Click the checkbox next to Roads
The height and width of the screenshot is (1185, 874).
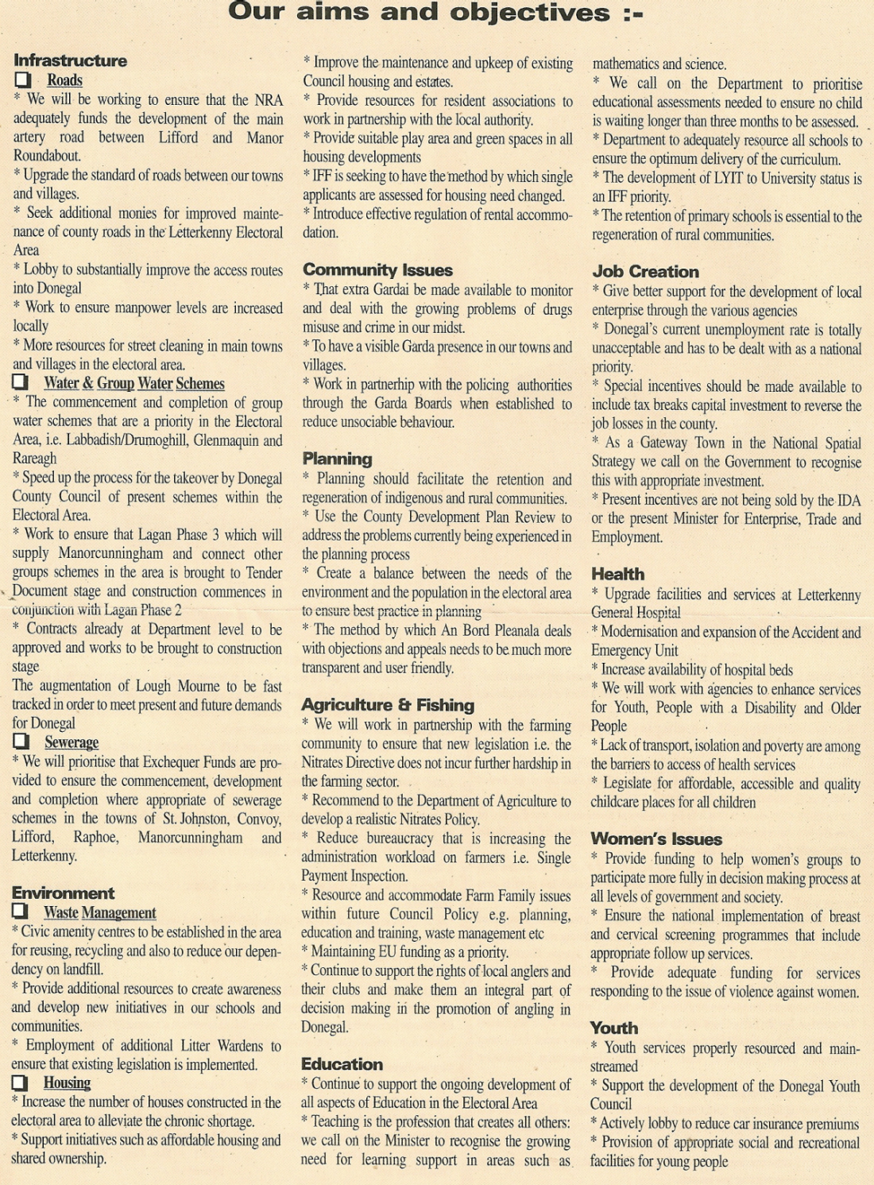pos(23,80)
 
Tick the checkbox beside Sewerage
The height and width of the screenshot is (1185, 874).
pos(21,742)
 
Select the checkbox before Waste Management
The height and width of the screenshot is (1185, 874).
pos(20,912)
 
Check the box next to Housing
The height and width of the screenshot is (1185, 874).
pos(20,1082)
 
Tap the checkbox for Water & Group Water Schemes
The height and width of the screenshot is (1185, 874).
pos(21,382)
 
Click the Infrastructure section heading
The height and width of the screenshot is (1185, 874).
pos(70,60)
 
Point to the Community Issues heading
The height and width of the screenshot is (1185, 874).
pos(377,270)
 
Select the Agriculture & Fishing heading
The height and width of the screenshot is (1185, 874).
pos(387,705)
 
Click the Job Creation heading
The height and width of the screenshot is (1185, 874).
pos(645,272)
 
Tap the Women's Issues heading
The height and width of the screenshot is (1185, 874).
pos(655,839)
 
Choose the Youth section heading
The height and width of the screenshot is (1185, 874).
pos(613,1028)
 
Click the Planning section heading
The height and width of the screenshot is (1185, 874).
pos(337,459)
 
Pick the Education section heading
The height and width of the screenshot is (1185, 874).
pos(342,1064)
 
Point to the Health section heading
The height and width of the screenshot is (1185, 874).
pos(617,574)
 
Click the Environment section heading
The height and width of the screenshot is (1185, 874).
pos(63,893)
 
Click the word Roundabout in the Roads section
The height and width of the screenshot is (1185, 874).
pos(47,156)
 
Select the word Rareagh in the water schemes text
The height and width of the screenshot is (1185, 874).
pos(34,459)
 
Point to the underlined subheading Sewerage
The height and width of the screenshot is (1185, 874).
pos(72,742)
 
